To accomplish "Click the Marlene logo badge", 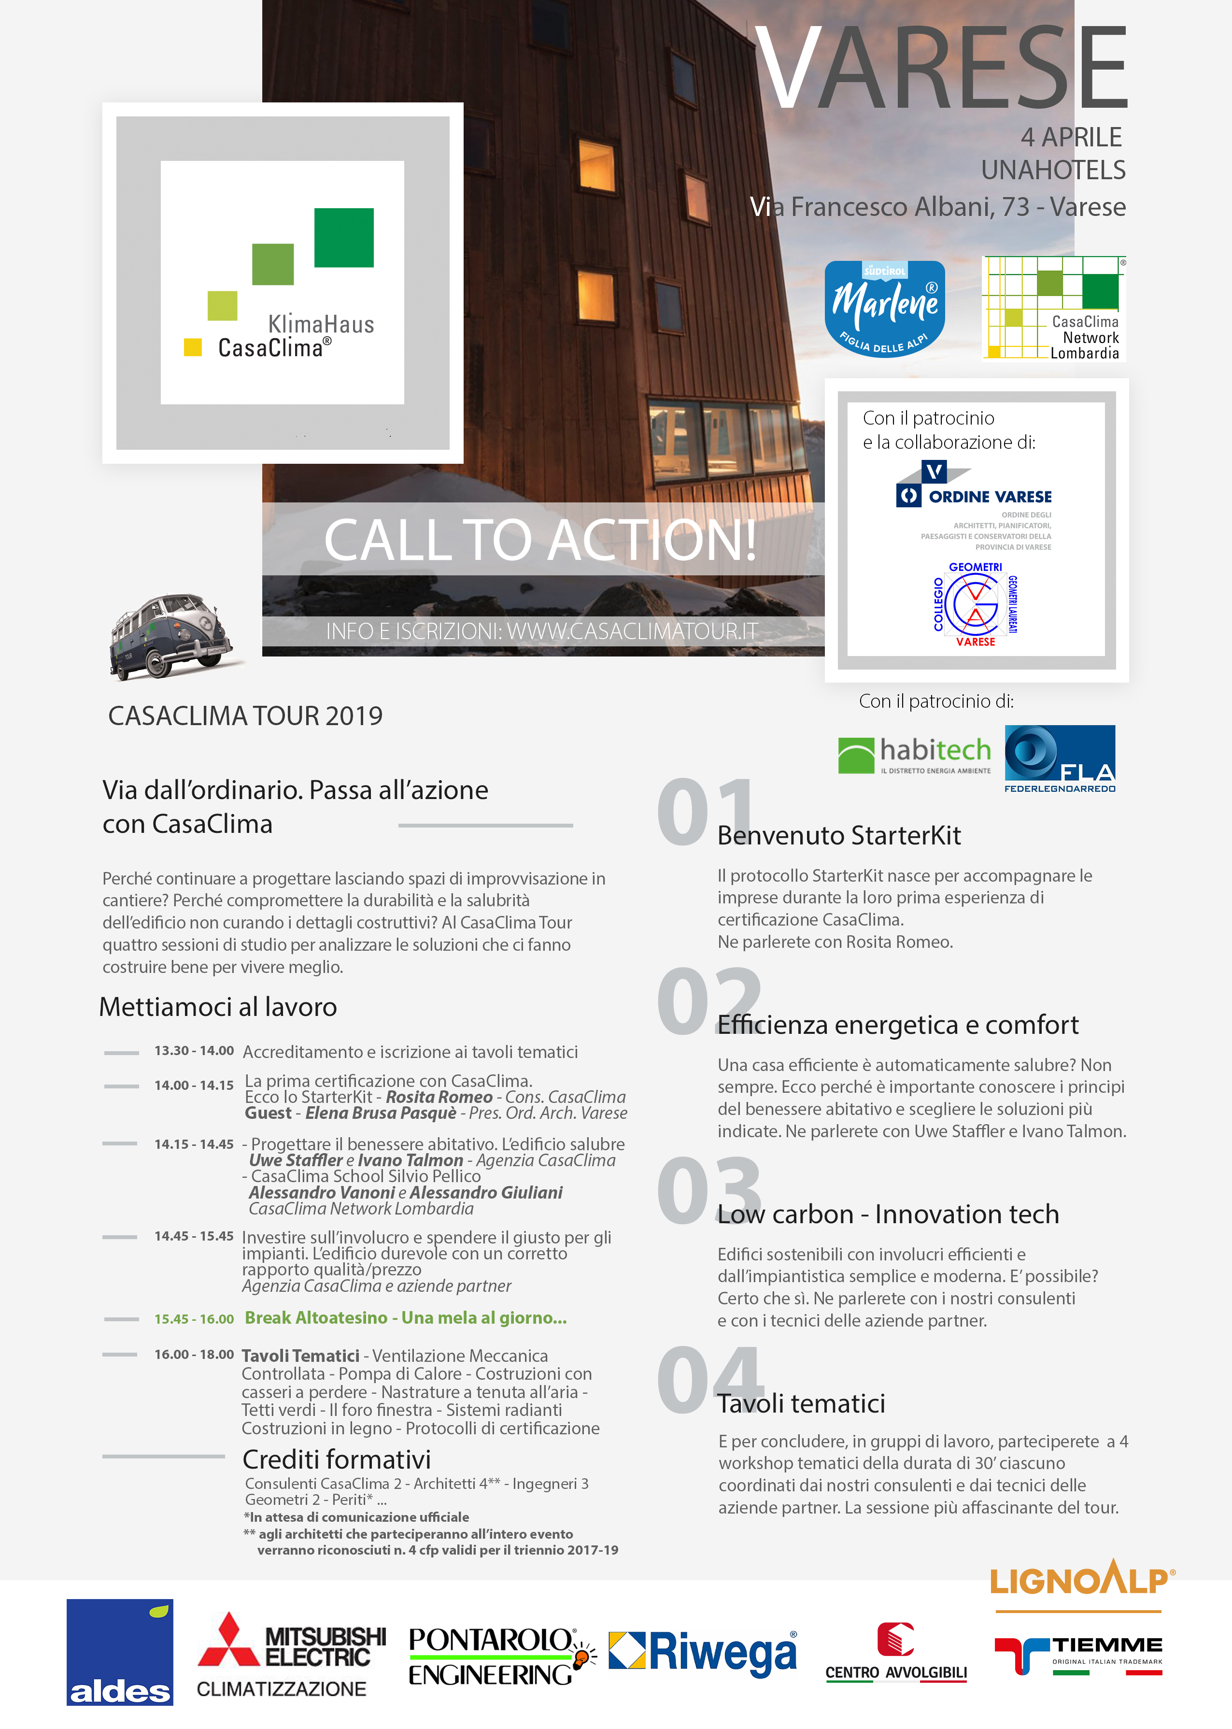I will (885, 309).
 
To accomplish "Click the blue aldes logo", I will (120, 1652).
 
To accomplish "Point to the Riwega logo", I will (703, 1652).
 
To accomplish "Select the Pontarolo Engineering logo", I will (501, 1656).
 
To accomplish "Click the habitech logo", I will (914, 754).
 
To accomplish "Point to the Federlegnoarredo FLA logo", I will (1060, 758).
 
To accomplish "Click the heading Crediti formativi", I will (336, 1459).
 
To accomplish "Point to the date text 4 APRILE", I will (1070, 137).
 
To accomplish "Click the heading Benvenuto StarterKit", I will (839, 835).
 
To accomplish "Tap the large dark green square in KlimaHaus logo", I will (344, 238).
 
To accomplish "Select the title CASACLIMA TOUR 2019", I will (245, 715).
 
